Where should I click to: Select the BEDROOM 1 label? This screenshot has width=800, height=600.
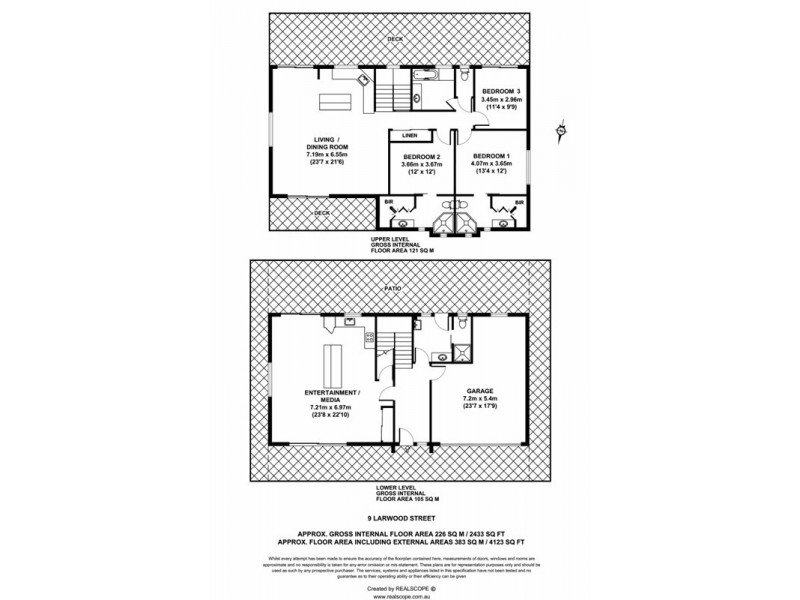(x=491, y=157)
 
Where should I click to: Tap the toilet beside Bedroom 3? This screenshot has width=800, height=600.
(x=465, y=78)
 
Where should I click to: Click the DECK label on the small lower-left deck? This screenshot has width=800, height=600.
(x=322, y=213)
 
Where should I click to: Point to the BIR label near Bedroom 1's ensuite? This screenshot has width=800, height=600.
(x=518, y=202)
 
